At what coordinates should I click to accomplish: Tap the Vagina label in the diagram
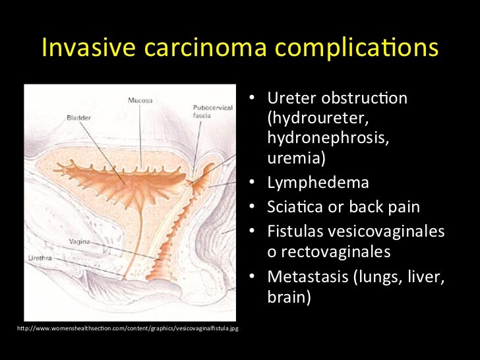(x=80, y=241)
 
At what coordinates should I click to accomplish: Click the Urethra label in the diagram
(x=39, y=257)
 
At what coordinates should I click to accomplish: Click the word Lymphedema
(x=318, y=183)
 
